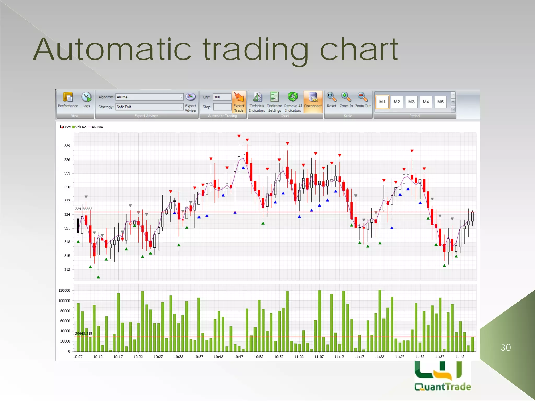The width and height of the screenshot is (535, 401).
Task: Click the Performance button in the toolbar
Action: tap(68, 100)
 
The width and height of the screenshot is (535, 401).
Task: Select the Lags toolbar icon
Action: tap(86, 100)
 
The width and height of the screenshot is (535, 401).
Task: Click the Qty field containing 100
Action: tap(222, 97)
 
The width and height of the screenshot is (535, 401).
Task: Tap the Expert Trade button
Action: tap(239, 102)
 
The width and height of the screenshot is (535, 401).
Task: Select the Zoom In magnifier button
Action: tap(346, 100)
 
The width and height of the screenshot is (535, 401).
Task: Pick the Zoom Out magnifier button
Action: tap(363, 100)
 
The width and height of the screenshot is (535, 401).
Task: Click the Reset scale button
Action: tap(332, 100)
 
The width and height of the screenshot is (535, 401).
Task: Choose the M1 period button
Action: tap(382, 102)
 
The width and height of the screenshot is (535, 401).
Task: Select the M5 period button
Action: tap(440, 102)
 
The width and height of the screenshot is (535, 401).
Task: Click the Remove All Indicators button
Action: tap(293, 102)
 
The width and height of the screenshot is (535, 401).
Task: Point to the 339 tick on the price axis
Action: tap(67, 146)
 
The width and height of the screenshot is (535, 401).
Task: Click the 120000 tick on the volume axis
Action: tap(64, 291)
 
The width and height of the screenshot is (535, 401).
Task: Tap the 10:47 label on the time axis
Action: tap(239, 357)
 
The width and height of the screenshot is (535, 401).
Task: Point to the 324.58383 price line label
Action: tap(84, 209)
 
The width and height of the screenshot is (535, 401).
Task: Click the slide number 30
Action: tap(506, 348)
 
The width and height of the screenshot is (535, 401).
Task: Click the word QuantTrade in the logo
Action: tap(443, 387)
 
